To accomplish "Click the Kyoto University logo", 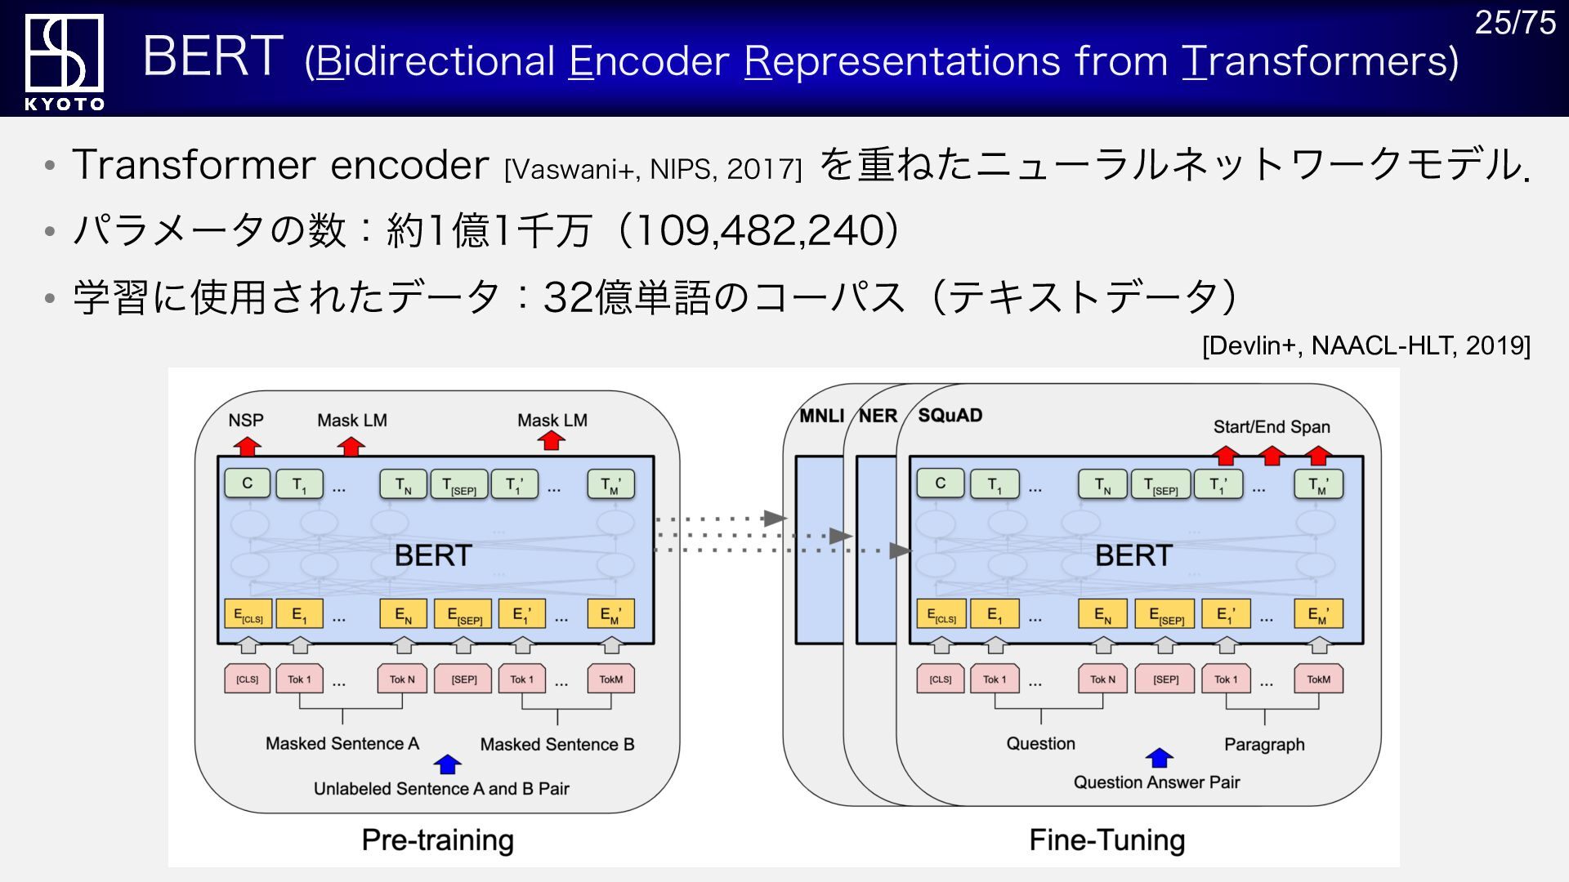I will [x=64, y=60].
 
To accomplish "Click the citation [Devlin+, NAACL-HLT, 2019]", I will [x=1366, y=345].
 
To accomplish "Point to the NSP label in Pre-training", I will [x=246, y=420].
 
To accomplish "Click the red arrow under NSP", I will [x=248, y=445].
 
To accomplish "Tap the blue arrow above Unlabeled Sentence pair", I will [x=447, y=764].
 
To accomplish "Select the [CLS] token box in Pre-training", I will [x=248, y=679].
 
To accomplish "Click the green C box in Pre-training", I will [x=248, y=483].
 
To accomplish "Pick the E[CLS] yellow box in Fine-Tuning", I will [x=941, y=614].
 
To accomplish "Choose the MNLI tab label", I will [x=821, y=416].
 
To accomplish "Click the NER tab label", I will [x=878, y=416].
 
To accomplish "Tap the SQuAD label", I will [x=950, y=415].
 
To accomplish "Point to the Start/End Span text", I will [x=1272, y=426].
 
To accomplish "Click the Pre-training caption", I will [x=438, y=840].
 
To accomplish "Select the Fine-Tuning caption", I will [x=1107, y=840].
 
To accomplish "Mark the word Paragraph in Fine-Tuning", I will [x=1264, y=744].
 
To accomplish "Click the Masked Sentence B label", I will [x=557, y=744].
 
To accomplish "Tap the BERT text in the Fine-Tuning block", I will [x=1133, y=555].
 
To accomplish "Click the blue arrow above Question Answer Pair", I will [x=1159, y=758].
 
